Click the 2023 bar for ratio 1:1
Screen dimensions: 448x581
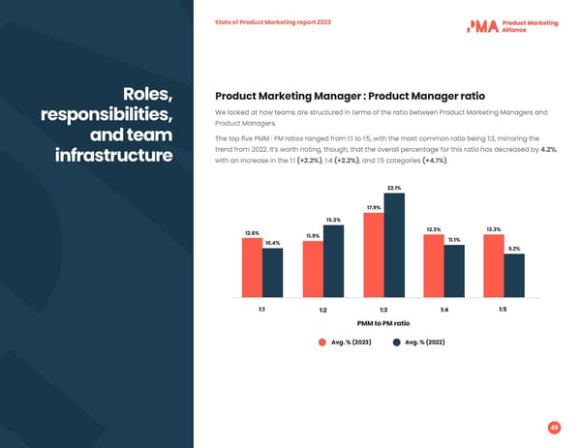[252, 267]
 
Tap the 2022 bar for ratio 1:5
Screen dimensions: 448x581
[514, 275]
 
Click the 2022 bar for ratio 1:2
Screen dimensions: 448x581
[333, 260]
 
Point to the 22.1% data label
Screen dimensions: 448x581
[394, 188]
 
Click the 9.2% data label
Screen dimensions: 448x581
[514, 249]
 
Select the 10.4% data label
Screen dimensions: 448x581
[272, 243]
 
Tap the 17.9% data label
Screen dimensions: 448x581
[374, 207]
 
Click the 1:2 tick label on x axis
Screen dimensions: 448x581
[322, 310]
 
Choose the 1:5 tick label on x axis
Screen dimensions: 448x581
[504, 309]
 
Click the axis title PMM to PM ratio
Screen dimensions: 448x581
[383, 323]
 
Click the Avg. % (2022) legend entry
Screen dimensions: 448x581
[418, 343]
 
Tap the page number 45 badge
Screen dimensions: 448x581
[554, 427]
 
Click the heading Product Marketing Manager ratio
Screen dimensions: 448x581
[350, 96]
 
